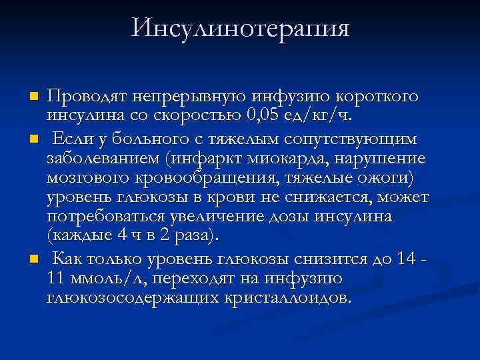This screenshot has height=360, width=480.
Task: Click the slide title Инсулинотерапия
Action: pyautogui.click(x=241, y=29)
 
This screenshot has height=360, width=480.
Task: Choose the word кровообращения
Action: pyautogui.click(x=209, y=179)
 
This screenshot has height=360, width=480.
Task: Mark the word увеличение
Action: pyautogui.click(x=213, y=218)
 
